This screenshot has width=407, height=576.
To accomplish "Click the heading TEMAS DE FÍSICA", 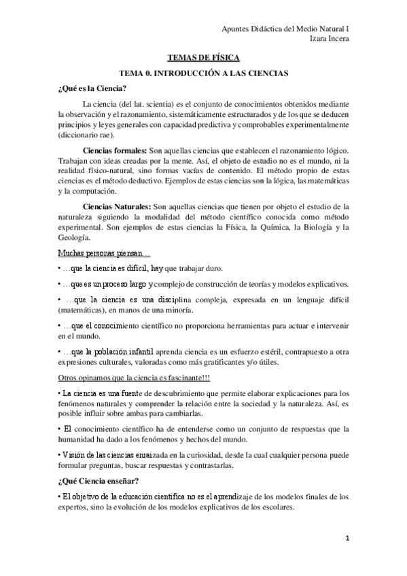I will pyautogui.click(x=203, y=58).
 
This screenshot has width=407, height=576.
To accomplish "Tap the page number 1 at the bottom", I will pyautogui.click(x=347, y=539).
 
